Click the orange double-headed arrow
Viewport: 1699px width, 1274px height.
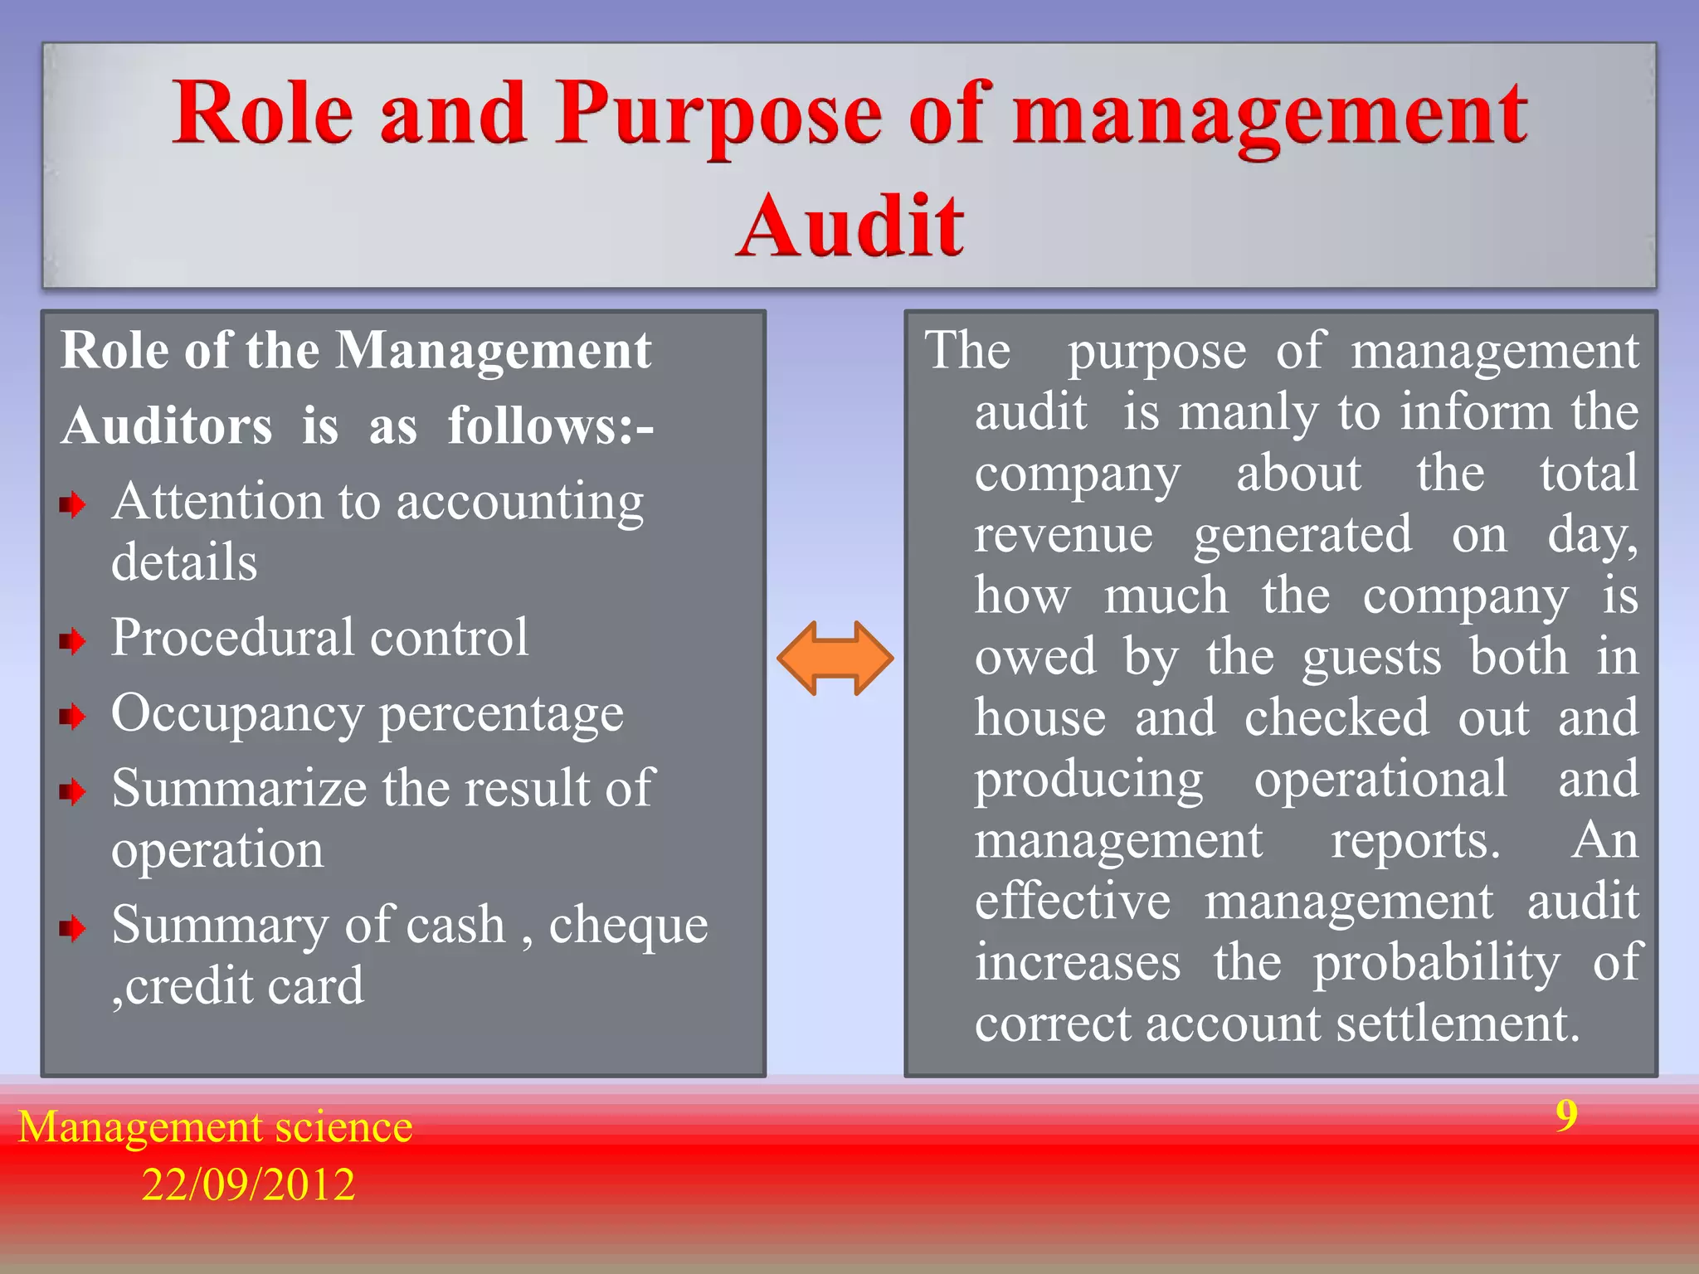(835, 659)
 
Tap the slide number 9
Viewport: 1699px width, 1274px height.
(1566, 1116)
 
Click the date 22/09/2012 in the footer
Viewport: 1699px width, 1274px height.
(248, 1184)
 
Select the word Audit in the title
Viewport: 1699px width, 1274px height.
(850, 226)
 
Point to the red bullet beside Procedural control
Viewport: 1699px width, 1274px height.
(73, 641)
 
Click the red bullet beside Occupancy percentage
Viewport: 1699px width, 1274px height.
(73, 717)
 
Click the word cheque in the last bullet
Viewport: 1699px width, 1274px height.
(628, 926)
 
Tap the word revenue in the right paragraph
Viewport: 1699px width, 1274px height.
(1063, 534)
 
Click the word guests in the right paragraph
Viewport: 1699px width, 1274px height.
(1371, 657)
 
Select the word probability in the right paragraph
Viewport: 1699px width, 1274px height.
(1436, 963)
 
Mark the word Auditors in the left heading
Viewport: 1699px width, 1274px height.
(167, 426)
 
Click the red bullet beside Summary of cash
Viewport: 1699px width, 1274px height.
(73, 929)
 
